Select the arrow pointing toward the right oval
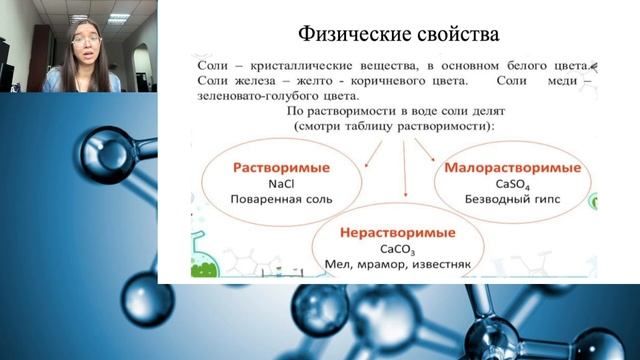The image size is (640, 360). pos(427,150)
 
